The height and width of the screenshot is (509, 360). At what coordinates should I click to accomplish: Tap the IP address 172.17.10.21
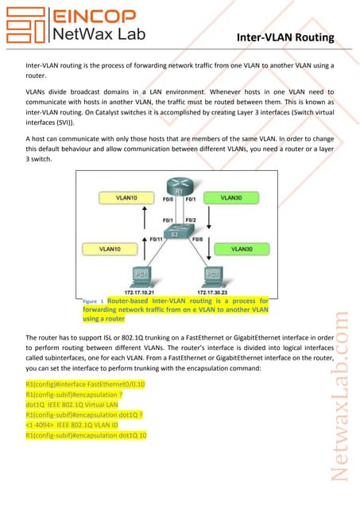click(x=140, y=292)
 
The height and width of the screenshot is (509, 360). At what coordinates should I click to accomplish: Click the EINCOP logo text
click(x=90, y=14)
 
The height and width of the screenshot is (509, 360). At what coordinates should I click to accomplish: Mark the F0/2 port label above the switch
click(x=190, y=220)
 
